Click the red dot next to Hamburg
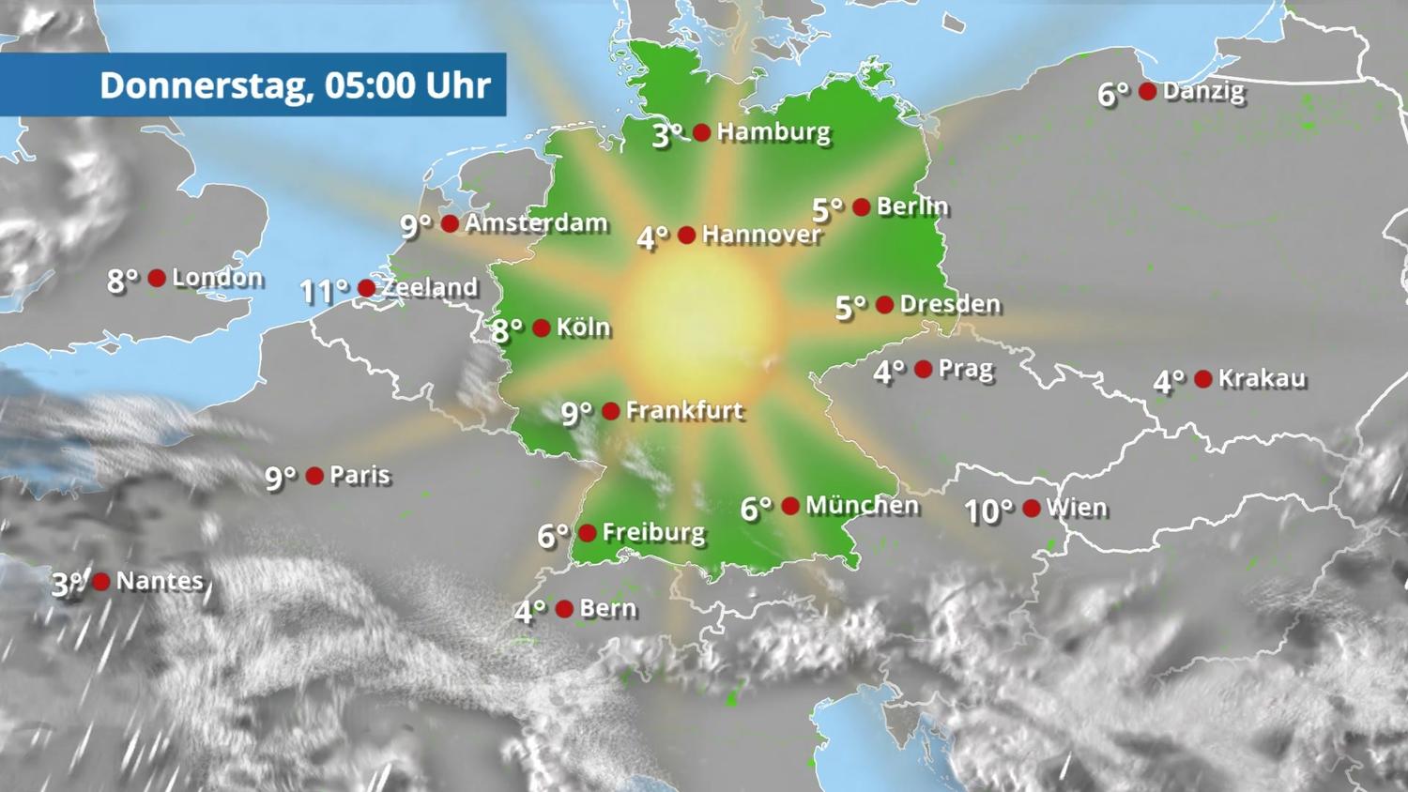[x=701, y=132]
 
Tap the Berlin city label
[x=912, y=206]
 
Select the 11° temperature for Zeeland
[x=324, y=291]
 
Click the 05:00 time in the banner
[x=370, y=85]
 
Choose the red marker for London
[x=157, y=278]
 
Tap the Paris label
[x=360, y=475]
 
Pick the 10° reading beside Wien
[x=989, y=511]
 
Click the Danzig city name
[x=1203, y=91]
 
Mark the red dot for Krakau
[x=1203, y=379]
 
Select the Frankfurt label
[x=684, y=410]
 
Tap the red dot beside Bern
[x=564, y=609]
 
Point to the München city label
[x=862, y=506]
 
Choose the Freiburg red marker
[x=588, y=533]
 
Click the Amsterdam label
[x=536, y=223]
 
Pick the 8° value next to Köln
[x=507, y=330]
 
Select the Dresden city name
[x=950, y=304]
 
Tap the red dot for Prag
[x=924, y=370]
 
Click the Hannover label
[x=761, y=235]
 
